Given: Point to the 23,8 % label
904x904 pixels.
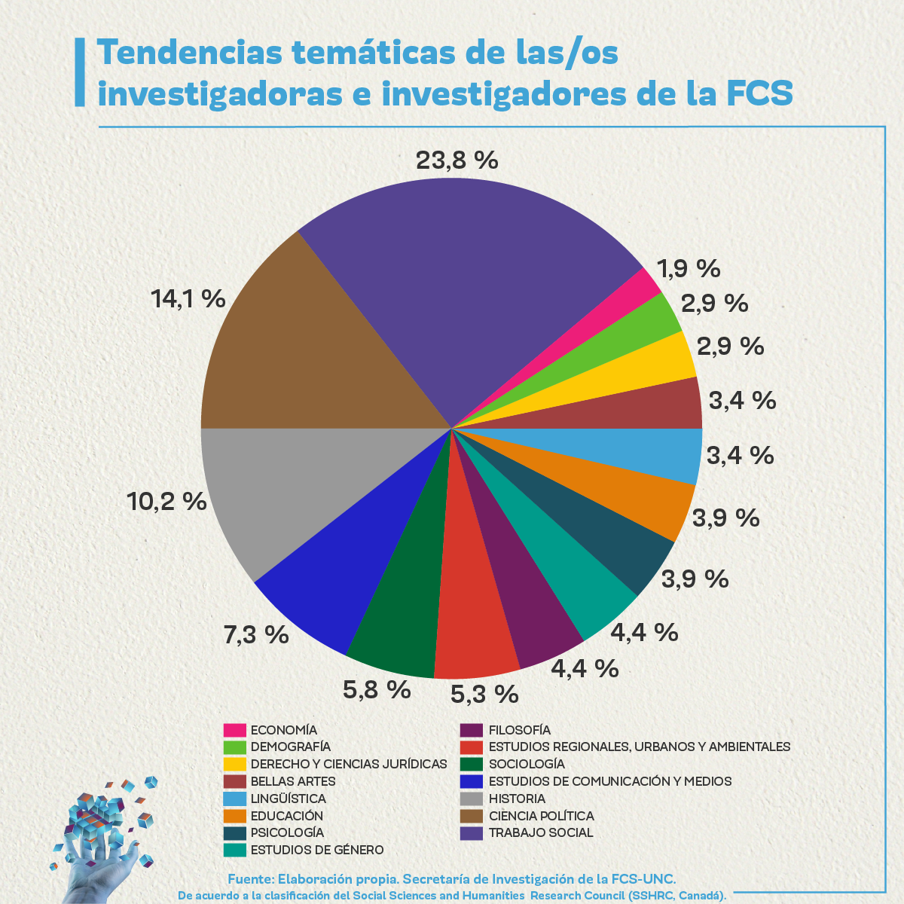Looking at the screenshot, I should click(457, 160).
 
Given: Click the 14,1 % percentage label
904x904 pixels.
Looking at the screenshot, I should click(188, 298).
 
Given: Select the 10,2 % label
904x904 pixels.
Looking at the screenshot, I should click(167, 501).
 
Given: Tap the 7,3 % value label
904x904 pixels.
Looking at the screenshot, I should click(256, 634).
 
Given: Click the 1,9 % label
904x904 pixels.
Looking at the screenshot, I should click(689, 268).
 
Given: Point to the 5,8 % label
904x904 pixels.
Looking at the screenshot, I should click(377, 689).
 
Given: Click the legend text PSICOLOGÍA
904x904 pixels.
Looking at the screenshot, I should click(287, 832).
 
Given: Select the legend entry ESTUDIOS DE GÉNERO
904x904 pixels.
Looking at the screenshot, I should click(317, 850).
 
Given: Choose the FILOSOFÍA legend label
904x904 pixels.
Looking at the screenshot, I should click(520, 730).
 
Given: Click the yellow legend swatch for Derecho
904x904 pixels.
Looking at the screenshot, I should click(235, 764).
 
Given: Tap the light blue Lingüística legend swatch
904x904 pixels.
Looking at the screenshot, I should click(235, 799).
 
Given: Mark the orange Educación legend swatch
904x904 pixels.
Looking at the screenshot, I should click(235, 816).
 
